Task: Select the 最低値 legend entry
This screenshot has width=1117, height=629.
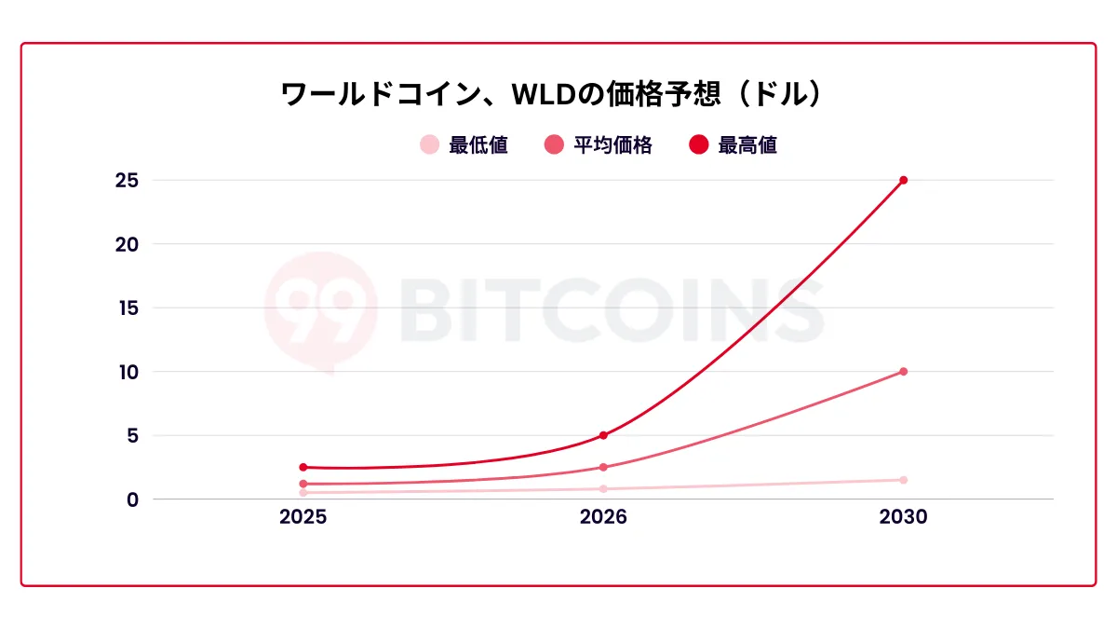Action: (x=464, y=145)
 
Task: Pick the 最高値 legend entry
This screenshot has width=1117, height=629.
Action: (x=733, y=145)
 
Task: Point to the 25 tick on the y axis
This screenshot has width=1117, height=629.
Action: (x=127, y=181)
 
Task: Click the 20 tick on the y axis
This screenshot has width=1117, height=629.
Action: (x=127, y=244)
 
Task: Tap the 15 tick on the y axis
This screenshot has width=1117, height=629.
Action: (x=127, y=308)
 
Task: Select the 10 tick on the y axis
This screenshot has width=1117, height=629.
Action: (x=127, y=372)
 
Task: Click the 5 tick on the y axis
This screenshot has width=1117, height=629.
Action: (x=132, y=435)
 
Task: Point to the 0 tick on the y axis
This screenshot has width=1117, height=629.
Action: (x=132, y=499)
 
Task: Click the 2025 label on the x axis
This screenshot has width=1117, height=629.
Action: (x=303, y=517)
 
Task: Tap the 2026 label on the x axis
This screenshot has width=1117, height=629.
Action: (x=603, y=517)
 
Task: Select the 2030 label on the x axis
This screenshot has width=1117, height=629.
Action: (x=903, y=517)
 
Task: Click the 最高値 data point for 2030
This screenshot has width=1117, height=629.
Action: (x=903, y=180)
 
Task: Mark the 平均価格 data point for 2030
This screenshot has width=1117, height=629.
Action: (x=903, y=372)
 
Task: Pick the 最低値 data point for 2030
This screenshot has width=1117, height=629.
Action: (x=903, y=480)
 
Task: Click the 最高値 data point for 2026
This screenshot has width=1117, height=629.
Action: (x=603, y=435)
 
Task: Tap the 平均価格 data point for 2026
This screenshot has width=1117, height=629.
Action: (x=603, y=467)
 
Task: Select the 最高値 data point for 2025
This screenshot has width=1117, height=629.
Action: (x=303, y=467)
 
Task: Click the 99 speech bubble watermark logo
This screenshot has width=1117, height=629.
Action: (x=320, y=308)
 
